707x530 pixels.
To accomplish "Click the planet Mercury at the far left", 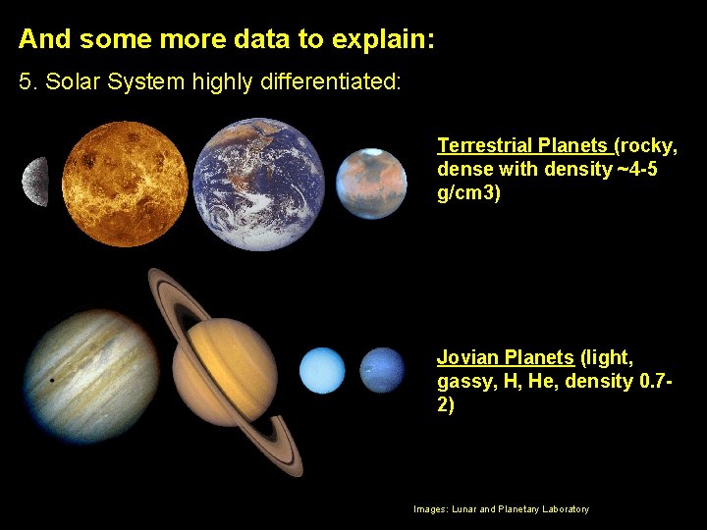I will point(36,182).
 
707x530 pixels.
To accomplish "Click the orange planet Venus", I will point(124,184).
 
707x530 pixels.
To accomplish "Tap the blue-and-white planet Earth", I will point(258,185).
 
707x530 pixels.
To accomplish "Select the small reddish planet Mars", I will point(371,184).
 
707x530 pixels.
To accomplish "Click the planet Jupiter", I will point(90,377).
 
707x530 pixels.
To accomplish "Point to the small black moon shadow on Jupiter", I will point(51,379).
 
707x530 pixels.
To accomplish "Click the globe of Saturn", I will point(225,372).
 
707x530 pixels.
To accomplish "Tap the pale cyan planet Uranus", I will point(323,371).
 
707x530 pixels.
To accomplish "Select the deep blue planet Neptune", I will point(382,370).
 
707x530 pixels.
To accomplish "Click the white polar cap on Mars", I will point(372,154).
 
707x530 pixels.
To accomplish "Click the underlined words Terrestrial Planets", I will point(522,146).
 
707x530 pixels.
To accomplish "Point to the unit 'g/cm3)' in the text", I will point(468,193).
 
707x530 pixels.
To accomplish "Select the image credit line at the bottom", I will point(501,509).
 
